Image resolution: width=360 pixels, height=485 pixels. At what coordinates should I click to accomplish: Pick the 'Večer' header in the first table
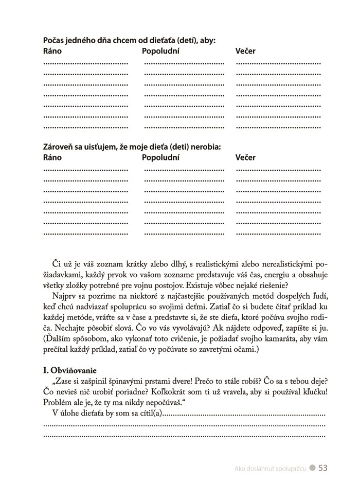[x=245, y=51]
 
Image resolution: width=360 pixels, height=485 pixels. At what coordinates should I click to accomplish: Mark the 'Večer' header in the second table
[x=245, y=158]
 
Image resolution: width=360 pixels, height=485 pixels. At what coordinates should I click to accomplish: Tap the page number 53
[x=323, y=468]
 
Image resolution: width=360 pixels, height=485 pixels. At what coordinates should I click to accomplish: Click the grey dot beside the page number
[x=312, y=469]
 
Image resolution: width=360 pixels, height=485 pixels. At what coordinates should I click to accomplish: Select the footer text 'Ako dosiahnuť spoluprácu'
[x=270, y=469]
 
